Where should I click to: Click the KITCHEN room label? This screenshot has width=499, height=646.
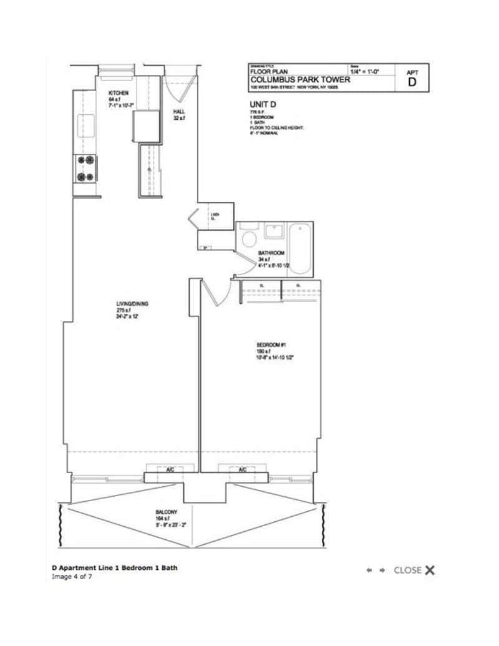point(119,93)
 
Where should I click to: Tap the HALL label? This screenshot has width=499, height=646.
point(179,112)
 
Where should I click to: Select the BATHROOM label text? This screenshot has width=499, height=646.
point(271,253)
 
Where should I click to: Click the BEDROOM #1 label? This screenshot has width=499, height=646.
point(271,345)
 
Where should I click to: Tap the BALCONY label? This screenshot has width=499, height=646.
point(167,511)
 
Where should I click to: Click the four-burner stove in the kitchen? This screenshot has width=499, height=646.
point(85,168)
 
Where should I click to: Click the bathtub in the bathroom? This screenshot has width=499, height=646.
point(300,249)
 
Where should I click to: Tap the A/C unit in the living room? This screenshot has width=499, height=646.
point(160,469)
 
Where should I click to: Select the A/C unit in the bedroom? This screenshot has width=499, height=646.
point(241,469)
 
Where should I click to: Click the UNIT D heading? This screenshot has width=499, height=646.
point(263,104)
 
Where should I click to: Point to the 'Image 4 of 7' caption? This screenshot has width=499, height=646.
point(72,577)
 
